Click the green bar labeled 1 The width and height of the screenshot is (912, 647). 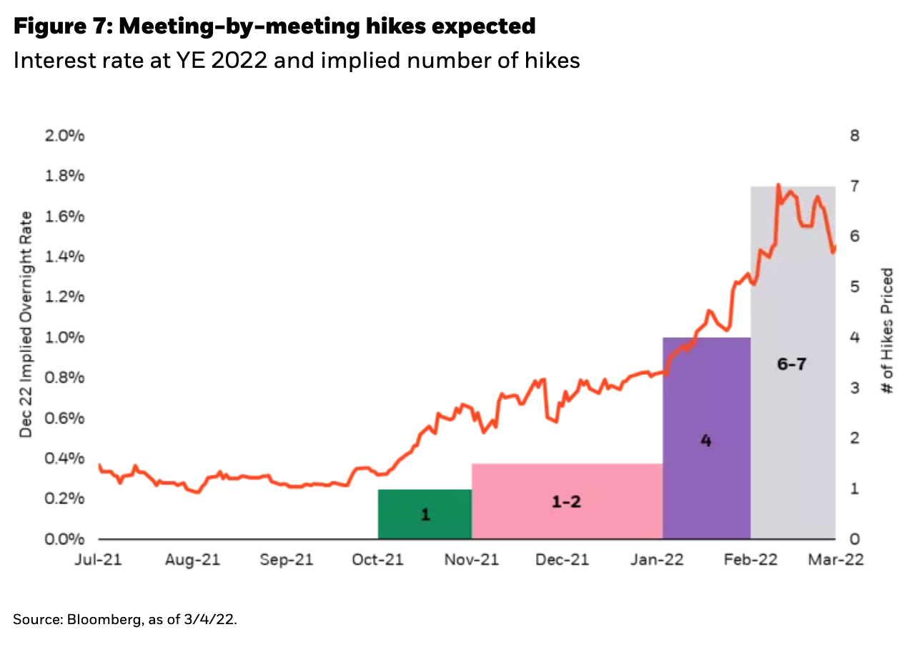(x=425, y=513)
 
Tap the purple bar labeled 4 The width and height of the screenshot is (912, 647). (x=706, y=471)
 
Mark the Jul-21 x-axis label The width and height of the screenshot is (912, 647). (x=99, y=559)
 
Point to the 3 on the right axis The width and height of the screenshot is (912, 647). (x=854, y=388)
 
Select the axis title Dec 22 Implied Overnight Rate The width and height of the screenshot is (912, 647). (x=26, y=324)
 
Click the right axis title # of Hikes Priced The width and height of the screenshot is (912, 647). (x=887, y=331)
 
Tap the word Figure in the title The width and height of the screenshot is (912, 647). (x=49, y=27)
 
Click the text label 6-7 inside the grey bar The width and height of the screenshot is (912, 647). (x=791, y=364)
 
